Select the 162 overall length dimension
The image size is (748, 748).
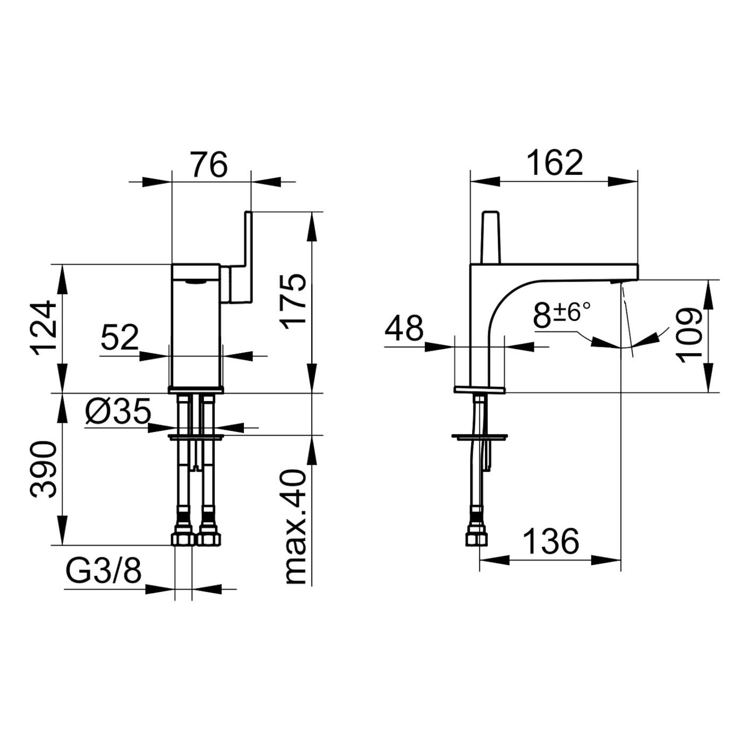click(x=556, y=163)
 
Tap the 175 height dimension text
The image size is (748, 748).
click(x=293, y=301)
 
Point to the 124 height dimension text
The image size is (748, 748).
click(x=44, y=328)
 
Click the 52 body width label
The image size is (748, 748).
click(x=120, y=337)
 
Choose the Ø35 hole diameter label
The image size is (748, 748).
click(x=118, y=411)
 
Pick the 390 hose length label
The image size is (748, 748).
click(x=44, y=469)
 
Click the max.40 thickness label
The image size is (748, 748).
click(x=296, y=527)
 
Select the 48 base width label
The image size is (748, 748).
click(x=404, y=328)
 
